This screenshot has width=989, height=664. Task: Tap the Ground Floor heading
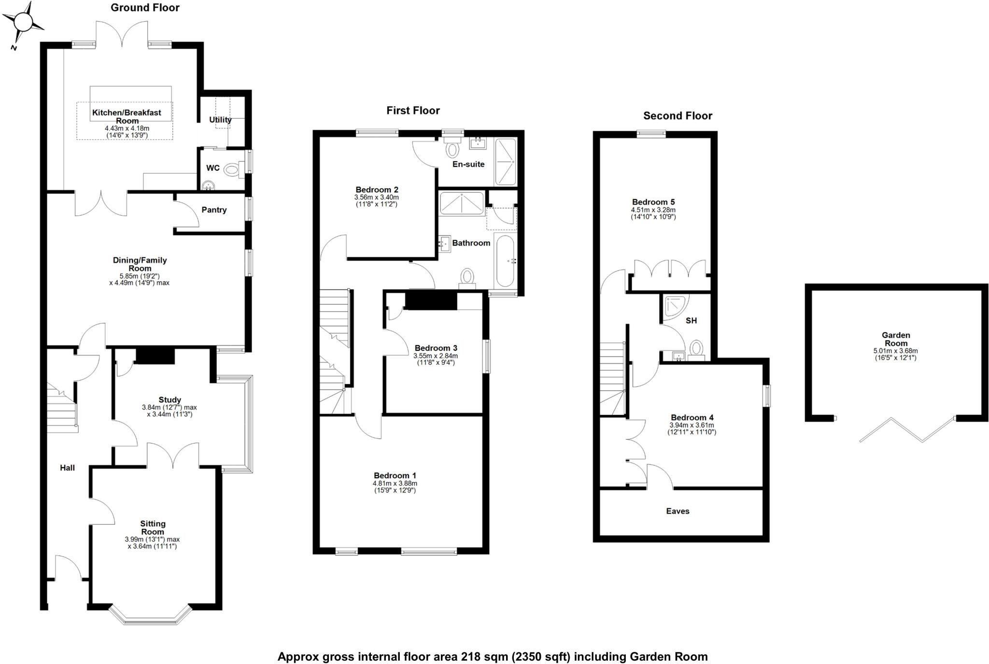pos(145,8)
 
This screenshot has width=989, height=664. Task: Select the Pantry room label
pos(214,210)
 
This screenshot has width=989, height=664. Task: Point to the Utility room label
pos(220,120)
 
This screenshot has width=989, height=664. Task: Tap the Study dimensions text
pos(170,411)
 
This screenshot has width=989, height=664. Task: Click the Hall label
pos(68,468)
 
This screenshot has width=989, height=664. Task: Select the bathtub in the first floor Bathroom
pos(505,261)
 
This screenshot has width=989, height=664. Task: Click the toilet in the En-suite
pos(452,149)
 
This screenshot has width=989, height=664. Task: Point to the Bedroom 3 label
pos(436,348)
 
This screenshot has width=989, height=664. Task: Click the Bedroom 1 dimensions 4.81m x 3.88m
pos(395,483)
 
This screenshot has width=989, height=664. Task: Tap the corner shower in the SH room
pos(675,307)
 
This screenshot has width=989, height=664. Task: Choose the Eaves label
pos(678,511)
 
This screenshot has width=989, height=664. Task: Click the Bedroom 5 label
pos(653,202)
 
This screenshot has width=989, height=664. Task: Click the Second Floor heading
pos(678,116)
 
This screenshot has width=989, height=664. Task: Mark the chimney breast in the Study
pos(155,357)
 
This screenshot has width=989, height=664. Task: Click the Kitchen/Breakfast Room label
pos(127,116)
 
